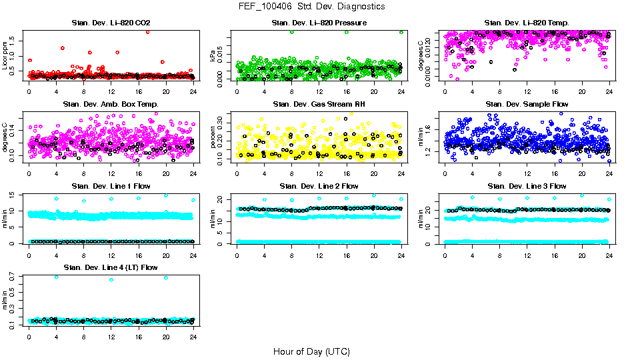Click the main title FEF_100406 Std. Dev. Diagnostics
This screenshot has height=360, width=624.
click(311, 6)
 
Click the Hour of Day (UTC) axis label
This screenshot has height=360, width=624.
click(311, 351)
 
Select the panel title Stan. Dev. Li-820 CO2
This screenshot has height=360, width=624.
click(111, 23)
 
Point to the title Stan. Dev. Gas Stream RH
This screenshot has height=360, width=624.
click(319, 105)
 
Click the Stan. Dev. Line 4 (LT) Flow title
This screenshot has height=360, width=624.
click(111, 268)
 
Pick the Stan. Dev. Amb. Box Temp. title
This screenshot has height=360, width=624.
click(111, 105)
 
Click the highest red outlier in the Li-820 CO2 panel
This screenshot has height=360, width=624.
click(147, 31)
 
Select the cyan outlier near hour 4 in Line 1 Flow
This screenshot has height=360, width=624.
click(57, 199)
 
